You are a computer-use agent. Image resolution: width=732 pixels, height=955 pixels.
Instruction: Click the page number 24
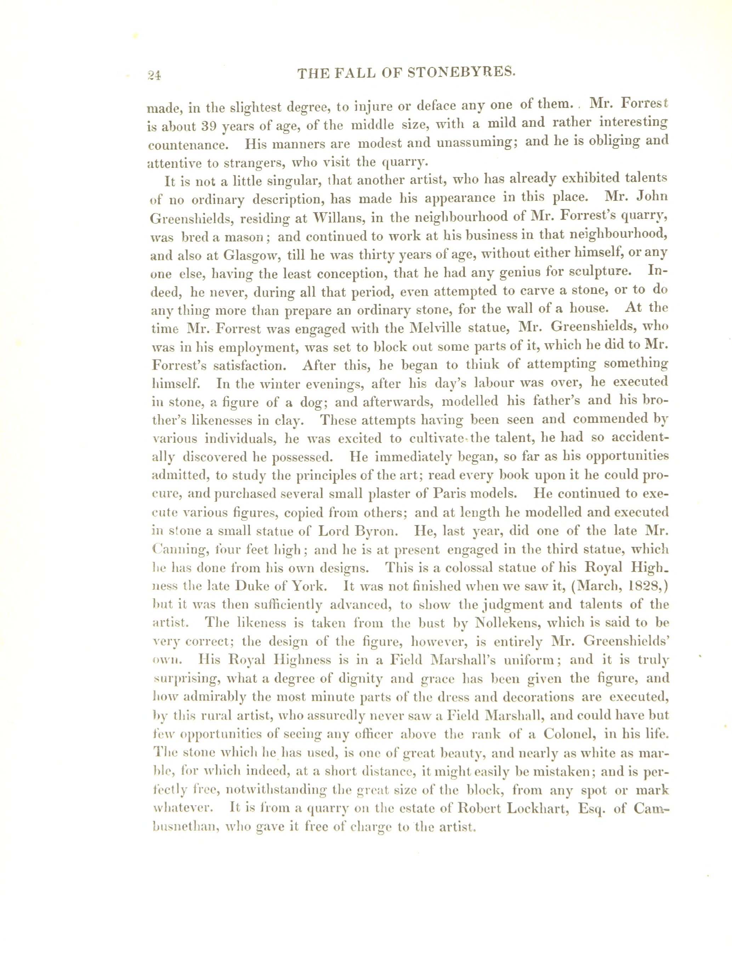[154, 75]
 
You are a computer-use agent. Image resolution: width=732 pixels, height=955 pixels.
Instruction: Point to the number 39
[212, 126]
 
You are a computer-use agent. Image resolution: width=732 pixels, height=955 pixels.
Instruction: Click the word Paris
[450, 494]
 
